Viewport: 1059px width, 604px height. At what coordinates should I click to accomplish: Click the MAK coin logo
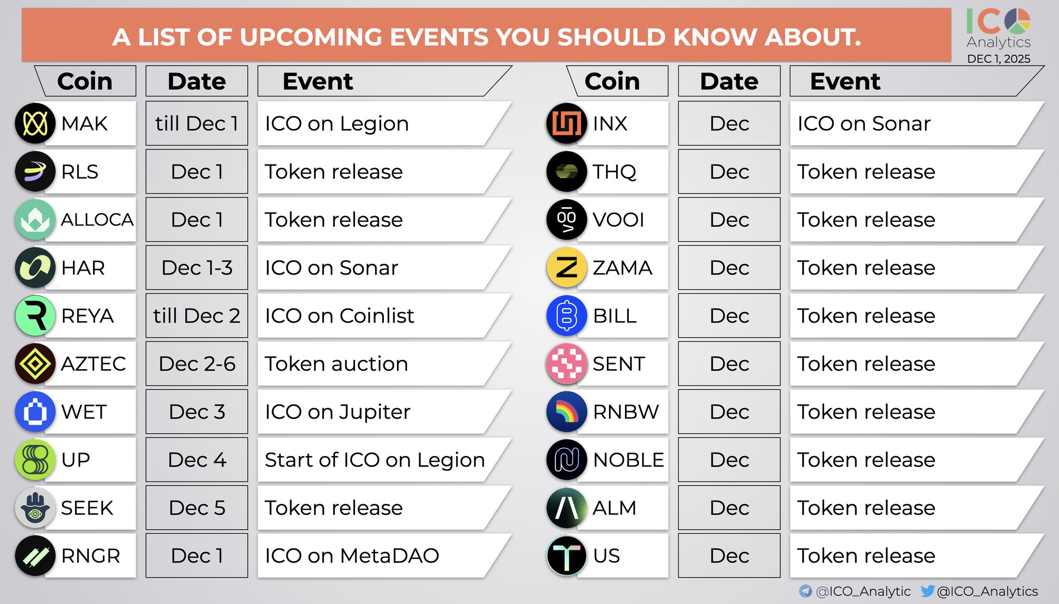[35, 123]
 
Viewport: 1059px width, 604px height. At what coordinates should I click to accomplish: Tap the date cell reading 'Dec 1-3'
[197, 267]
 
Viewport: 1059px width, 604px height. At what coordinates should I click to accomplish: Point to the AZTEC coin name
[93, 364]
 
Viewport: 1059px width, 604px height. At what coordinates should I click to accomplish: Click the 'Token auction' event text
[336, 364]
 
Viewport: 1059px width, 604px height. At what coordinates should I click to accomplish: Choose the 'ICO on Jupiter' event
[337, 412]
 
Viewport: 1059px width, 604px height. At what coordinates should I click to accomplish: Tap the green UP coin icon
[35, 460]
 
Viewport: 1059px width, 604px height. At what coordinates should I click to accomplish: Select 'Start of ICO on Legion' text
[375, 460]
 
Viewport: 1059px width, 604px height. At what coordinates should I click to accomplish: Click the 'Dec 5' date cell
[197, 508]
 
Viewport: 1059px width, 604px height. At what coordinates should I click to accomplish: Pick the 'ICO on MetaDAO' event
[352, 556]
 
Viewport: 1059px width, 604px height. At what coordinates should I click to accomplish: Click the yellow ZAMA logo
[566, 267]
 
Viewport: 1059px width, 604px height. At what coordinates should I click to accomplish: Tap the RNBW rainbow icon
[566, 412]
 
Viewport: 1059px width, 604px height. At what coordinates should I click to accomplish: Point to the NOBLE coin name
[629, 460]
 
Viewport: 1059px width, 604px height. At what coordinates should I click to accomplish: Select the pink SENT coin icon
[566, 364]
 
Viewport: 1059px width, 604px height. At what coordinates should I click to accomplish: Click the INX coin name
[610, 124]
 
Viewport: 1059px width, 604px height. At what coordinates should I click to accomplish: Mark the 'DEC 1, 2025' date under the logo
[998, 59]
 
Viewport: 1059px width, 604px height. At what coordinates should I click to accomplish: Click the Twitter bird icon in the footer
[928, 591]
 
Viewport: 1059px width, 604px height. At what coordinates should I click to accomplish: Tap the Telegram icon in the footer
[806, 591]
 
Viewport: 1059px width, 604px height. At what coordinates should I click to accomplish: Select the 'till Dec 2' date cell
[197, 315]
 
